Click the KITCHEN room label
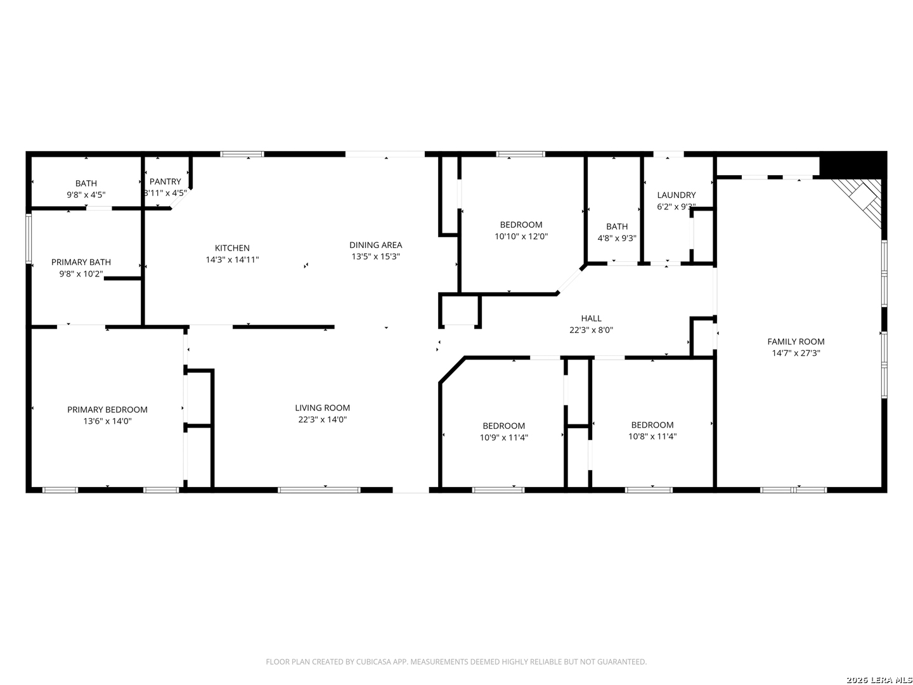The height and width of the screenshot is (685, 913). tap(232, 248)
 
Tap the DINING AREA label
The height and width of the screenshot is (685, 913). tap(375, 245)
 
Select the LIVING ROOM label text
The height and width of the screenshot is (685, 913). tap(322, 408)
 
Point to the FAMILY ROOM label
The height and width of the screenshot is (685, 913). tap(796, 341)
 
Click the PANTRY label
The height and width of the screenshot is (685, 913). tap(165, 181)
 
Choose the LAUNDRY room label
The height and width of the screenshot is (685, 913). tap(677, 195)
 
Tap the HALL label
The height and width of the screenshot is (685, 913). tap(591, 318)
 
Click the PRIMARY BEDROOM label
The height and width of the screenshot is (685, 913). tap(107, 410)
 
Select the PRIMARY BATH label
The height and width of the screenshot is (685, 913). tap(81, 262)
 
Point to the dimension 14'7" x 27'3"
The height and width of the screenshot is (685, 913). tap(796, 353)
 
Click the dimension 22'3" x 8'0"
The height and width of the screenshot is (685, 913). tap(591, 330)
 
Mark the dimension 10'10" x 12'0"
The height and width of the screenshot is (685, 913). tap(521, 237)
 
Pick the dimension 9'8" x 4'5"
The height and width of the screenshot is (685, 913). tap(86, 195)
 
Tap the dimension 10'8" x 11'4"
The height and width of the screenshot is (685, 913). tap(652, 436)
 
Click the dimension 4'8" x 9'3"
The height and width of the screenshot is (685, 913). tap(617, 238)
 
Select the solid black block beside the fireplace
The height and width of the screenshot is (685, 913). tap(853, 166)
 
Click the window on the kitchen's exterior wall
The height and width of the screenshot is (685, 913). tap(242, 154)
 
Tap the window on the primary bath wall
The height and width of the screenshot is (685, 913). tap(29, 238)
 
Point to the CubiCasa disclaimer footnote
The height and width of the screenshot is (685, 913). tap(456, 662)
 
